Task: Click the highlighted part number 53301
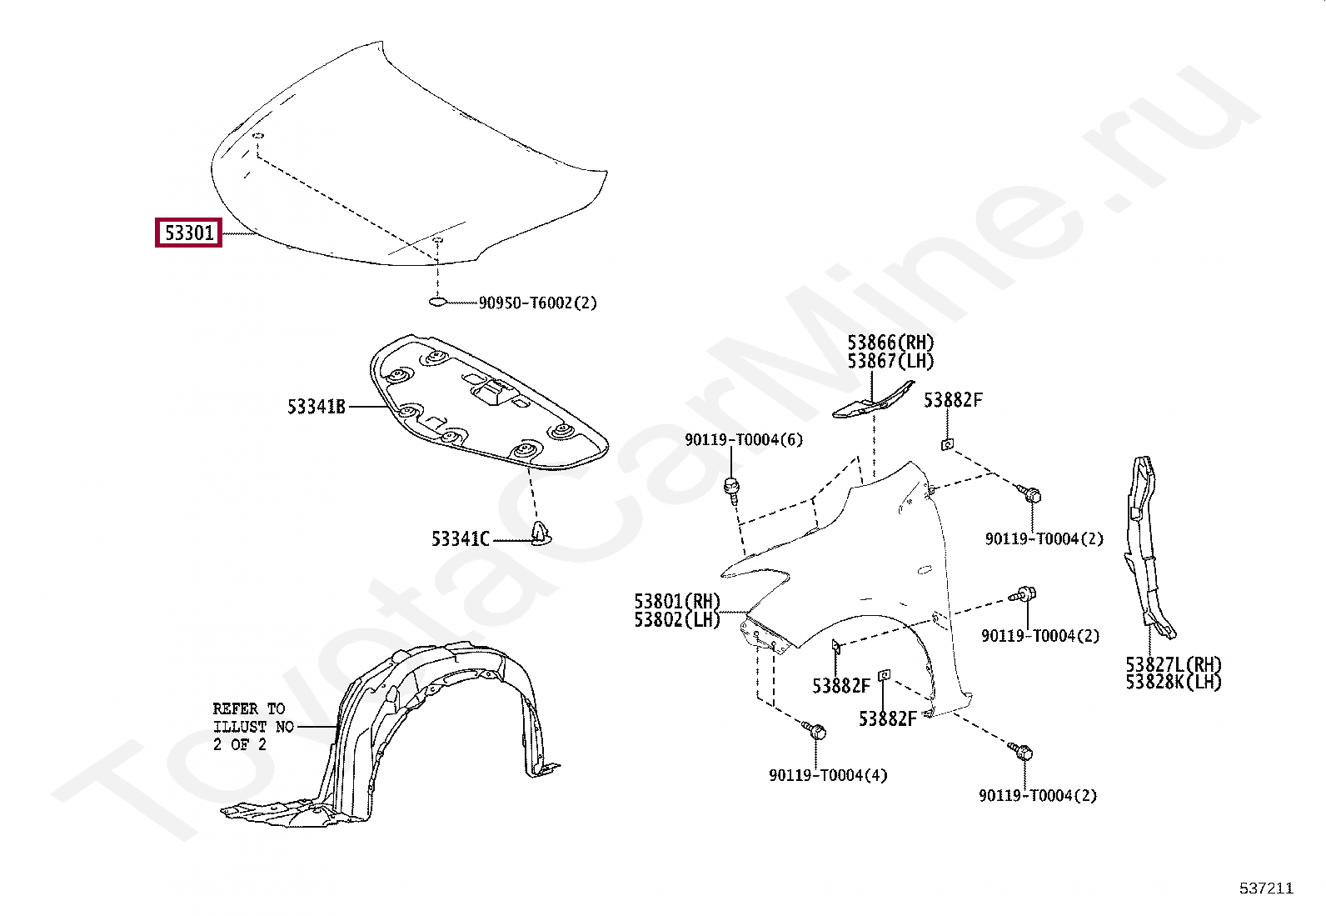189,233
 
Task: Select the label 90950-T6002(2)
537,303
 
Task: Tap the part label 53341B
316,407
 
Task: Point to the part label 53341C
460,539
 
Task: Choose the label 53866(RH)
890,343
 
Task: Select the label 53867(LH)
890,361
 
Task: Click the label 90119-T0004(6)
744,439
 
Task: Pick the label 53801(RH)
676,601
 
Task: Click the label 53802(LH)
676,619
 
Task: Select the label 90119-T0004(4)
828,775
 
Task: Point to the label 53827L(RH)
1173,664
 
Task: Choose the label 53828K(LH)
1173,682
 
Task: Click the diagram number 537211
1266,888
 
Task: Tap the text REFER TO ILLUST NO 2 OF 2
252,726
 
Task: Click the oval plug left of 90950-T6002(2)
438,302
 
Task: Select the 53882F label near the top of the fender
953,400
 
